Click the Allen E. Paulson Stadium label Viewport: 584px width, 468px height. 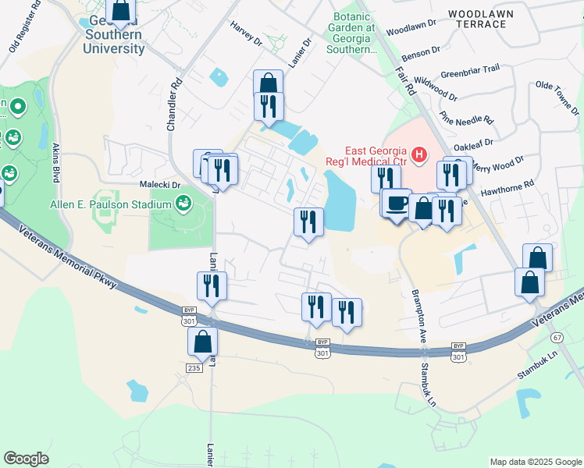[x=110, y=204]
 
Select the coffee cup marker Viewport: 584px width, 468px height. [x=397, y=203]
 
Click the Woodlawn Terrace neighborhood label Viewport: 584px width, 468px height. [x=478, y=19]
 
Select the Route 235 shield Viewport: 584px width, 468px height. [x=194, y=367]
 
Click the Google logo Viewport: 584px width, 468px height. [x=26, y=459]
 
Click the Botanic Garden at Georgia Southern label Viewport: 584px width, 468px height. [x=354, y=33]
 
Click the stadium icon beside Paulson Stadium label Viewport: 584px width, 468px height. [x=183, y=204]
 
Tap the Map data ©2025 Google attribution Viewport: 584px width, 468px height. [x=535, y=462]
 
